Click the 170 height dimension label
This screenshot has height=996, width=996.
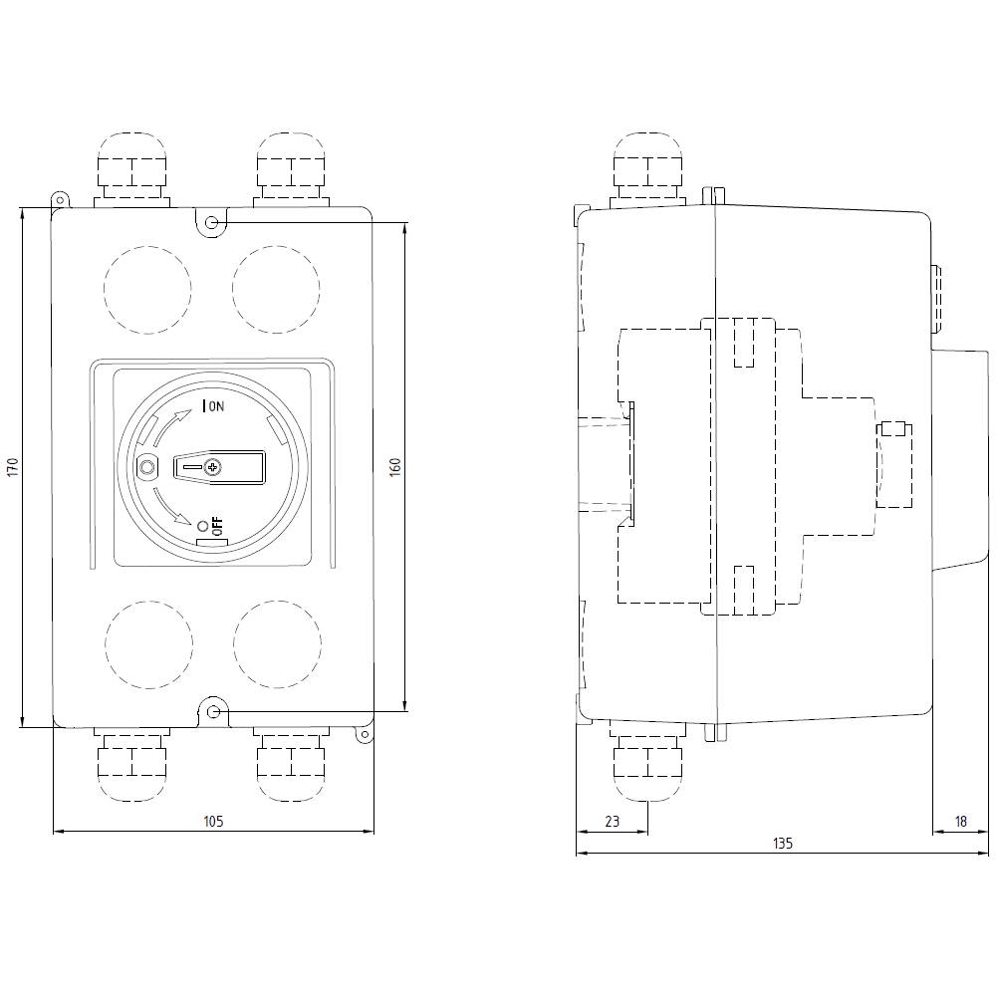[13, 467]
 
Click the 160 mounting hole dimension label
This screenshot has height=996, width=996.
[394, 467]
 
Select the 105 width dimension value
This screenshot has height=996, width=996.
[212, 821]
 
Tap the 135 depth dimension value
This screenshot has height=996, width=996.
[783, 844]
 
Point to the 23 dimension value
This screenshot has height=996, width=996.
[612, 821]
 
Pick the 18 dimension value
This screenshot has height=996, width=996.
[960, 821]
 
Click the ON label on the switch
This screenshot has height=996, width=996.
[216, 405]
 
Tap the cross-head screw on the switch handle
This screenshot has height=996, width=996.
[212, 466]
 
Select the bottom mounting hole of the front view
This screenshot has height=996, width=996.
[213, 711]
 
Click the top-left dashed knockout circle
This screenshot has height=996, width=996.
[146, 288]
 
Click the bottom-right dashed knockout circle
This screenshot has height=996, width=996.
[277, 644]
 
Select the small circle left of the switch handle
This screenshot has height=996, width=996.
[147, 467]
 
